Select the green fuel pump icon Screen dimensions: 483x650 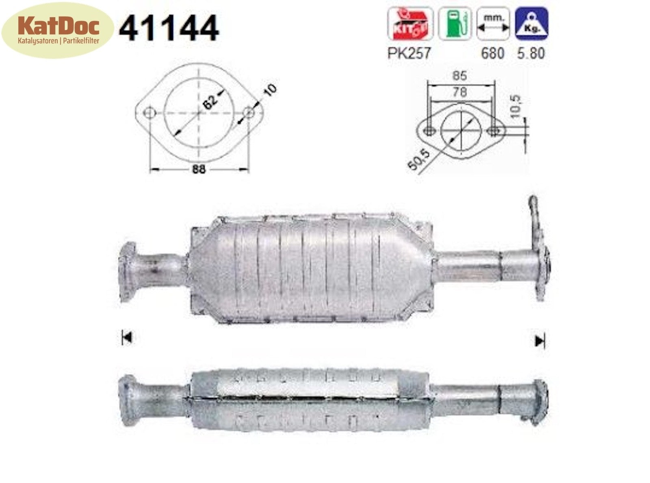[x=455, y=24]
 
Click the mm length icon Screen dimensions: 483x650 [x=493, y=24]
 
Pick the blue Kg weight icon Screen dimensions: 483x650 [x=531, y=24]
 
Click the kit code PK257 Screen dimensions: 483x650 [x=408, y=53]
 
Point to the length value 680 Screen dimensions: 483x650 [x=492, y=53]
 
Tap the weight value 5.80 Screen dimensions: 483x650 [x=531, y=53]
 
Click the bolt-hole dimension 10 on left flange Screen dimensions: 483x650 [x=269, y=90]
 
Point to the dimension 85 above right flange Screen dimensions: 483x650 [x=459, y=75]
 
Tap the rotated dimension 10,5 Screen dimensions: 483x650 [x=516, y=107]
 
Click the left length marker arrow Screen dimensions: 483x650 [x=127, y=337]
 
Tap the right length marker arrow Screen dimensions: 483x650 [x=540, y=341]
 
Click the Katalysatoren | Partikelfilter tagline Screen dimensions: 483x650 [x=58, y=41]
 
